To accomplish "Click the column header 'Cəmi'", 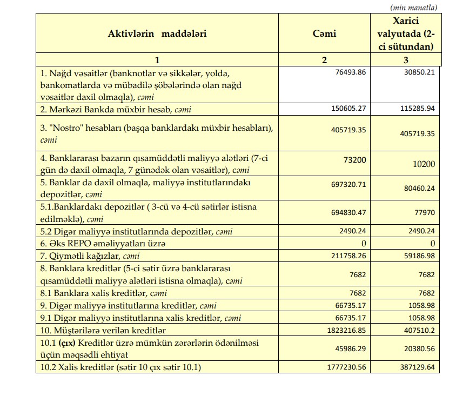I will click(x=324, y=33).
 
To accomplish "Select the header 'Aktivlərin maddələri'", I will click(x=157, y=33).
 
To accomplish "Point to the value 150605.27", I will click(x=348, y=109).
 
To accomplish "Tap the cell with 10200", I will click(x=424, y=164).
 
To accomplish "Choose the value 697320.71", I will click(x=348, y=184).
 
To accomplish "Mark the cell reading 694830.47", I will click(x=348, y=213).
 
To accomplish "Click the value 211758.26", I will click(x=348, y=254).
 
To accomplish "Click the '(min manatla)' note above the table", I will click(x=413, y=7).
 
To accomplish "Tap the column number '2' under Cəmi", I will click(x=324, y=60).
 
